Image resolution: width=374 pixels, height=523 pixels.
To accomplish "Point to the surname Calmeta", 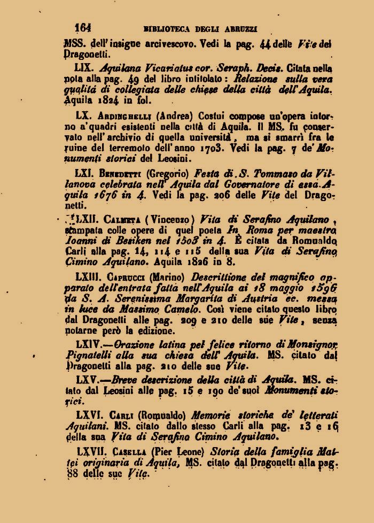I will coord(120,219).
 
